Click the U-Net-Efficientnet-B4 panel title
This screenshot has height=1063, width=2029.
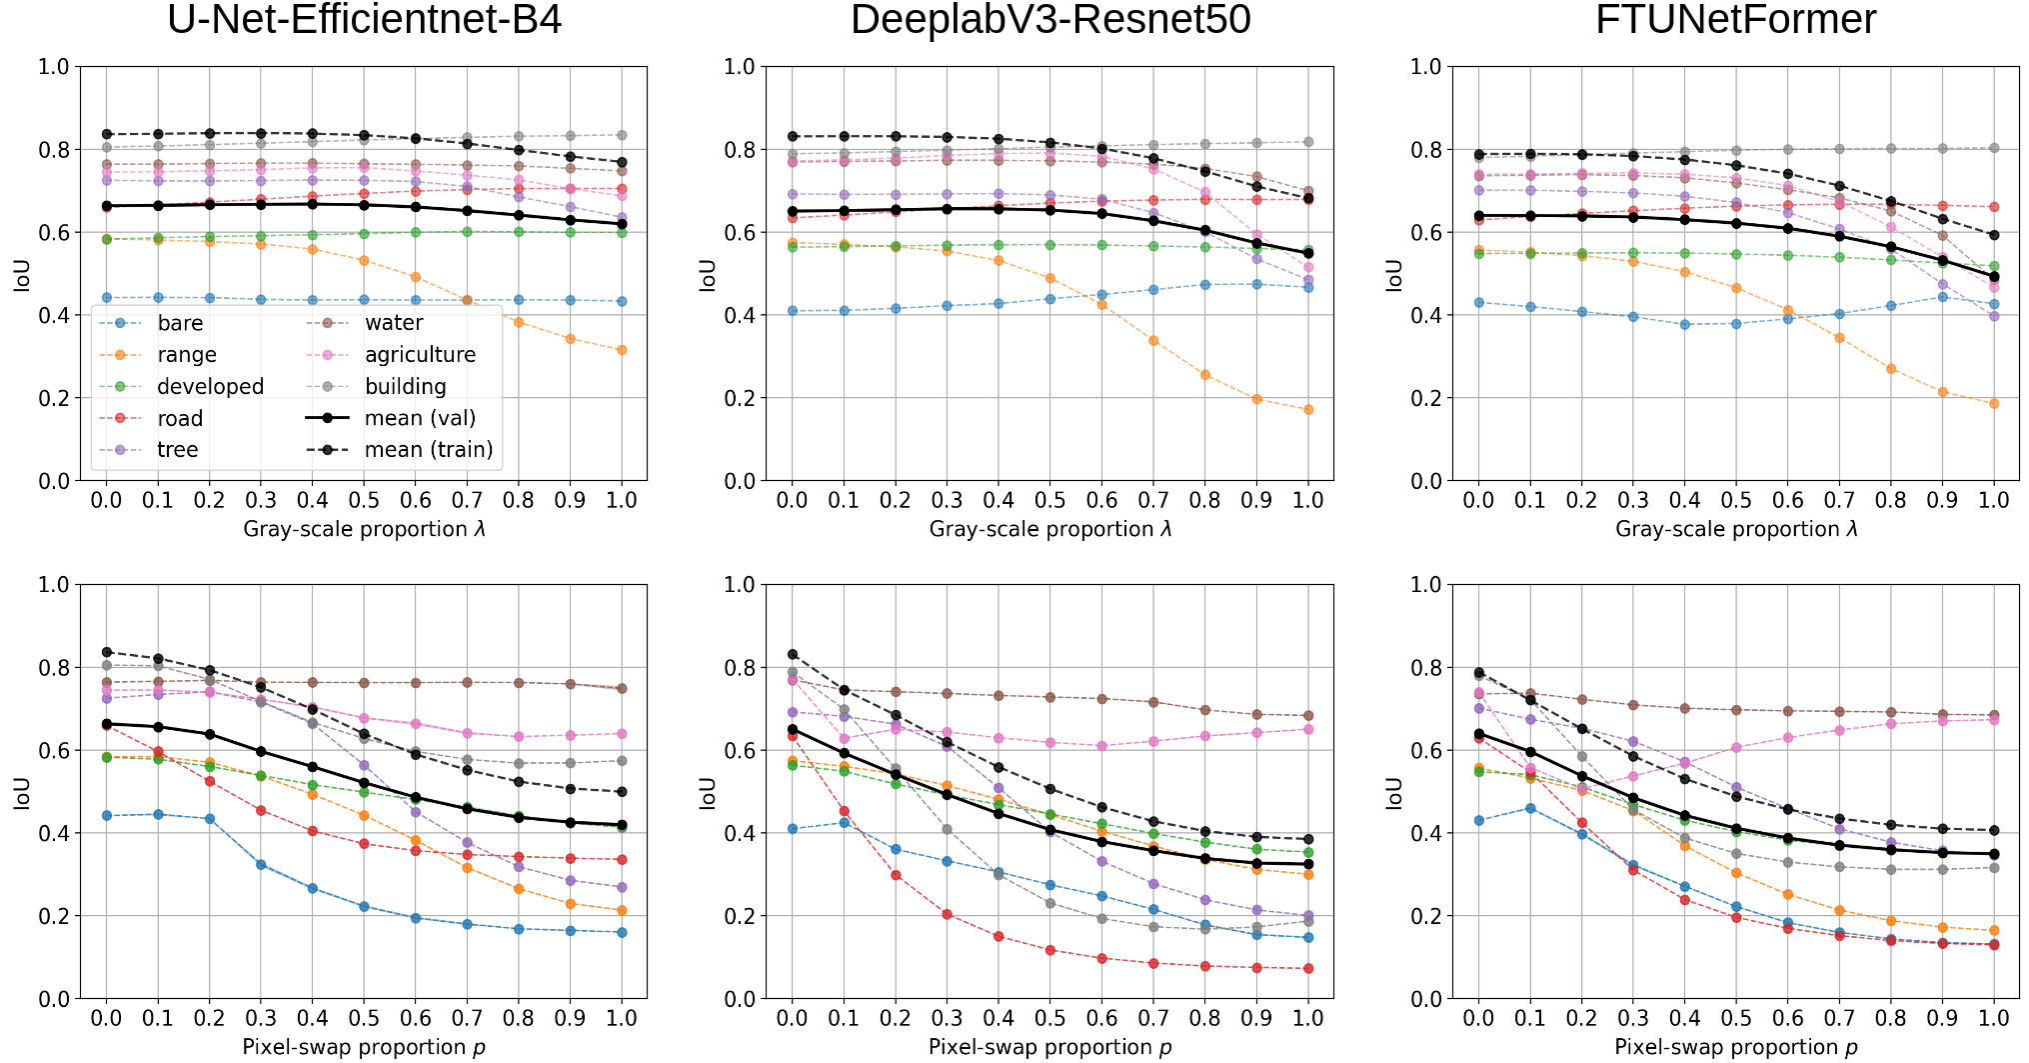(x=364, y=20)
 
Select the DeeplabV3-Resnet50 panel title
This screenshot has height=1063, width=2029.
(x=1050, y=20)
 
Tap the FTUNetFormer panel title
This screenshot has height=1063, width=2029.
(x=1735, y=20)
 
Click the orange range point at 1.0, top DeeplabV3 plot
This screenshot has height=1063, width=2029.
(x=1308, y=410)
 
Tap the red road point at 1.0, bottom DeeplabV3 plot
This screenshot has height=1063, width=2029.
(x=1308, y=968)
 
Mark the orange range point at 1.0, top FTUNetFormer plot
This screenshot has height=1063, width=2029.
(x=1994, y=404)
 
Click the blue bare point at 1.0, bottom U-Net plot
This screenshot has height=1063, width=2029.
(x=622, y=932)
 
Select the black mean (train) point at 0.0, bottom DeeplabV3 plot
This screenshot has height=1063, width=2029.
(x=793, y=654)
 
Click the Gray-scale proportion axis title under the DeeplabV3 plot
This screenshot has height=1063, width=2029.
(x=1049, y=529)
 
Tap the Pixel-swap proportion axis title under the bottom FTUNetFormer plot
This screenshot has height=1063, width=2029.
(x=1735, y=1047)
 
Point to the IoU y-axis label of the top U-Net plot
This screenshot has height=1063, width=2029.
(x=22, y=274)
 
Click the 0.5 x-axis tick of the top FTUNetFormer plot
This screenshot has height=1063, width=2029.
(x=1736, y=500)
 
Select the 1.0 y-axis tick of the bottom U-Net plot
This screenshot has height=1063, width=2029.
(x=54, y=584)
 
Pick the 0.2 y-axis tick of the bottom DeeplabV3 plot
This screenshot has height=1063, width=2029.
(x=740, y=916)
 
